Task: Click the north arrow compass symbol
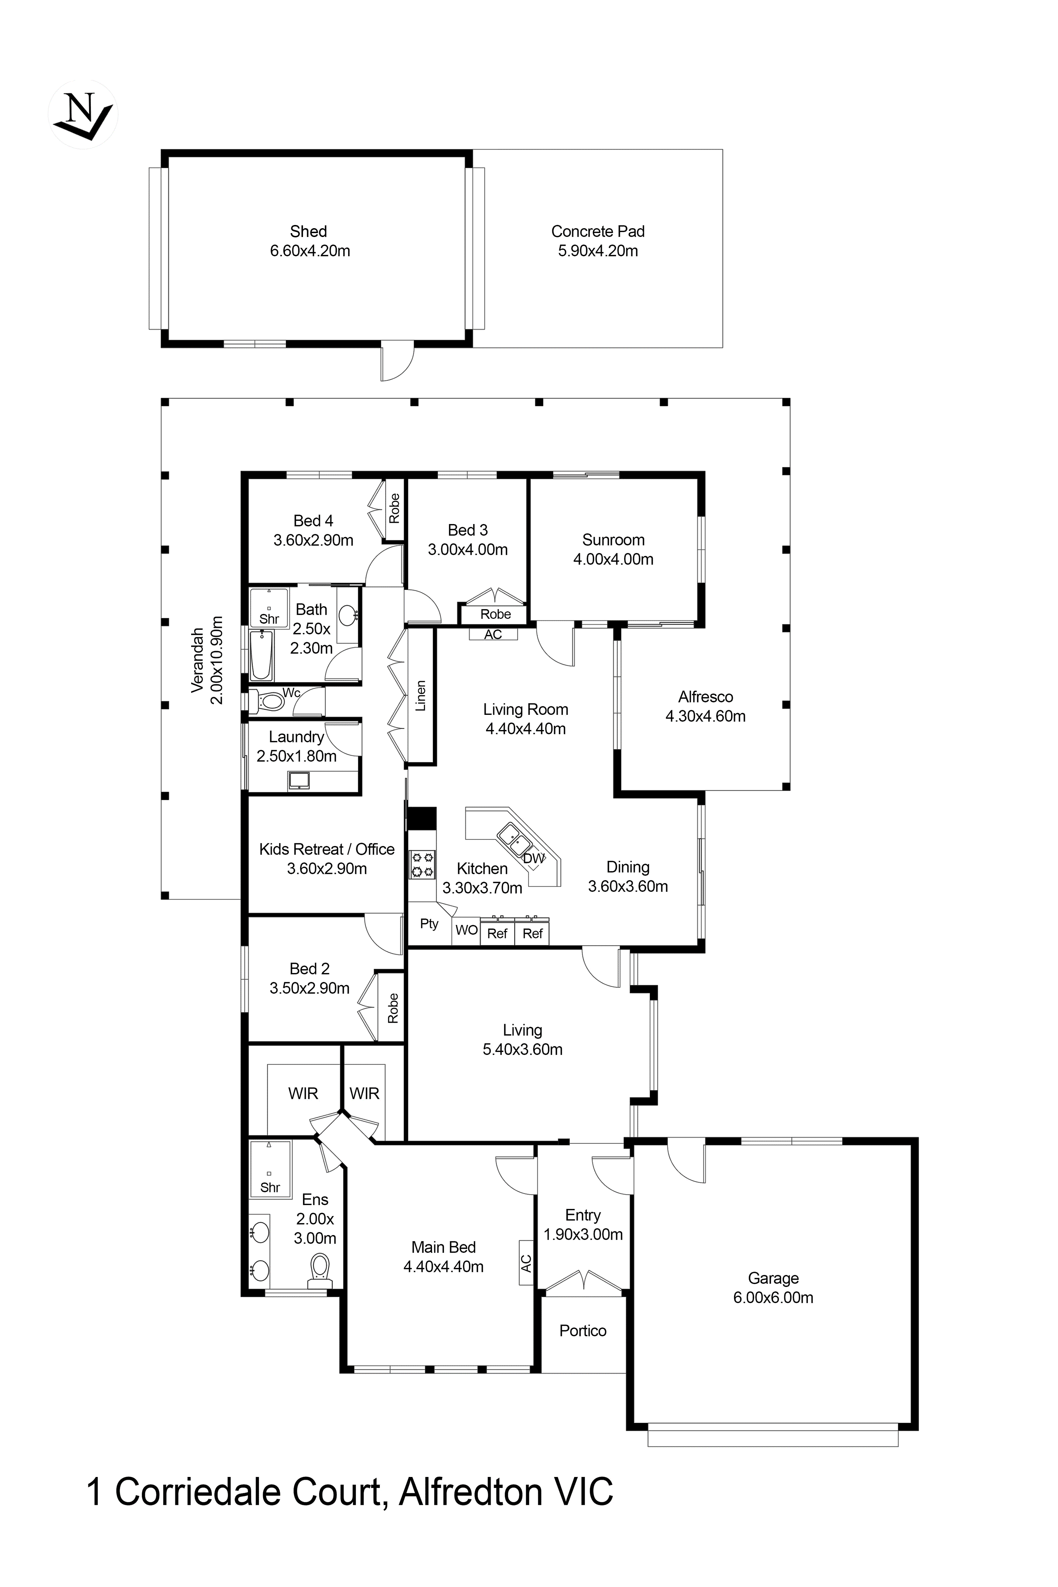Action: (83, 115)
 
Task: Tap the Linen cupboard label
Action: (420, 696)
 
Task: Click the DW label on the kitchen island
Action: (533, 858)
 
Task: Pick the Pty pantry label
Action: (429, 924)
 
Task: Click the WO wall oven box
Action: (466, 930)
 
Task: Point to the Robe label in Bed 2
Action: (393, 1008)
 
